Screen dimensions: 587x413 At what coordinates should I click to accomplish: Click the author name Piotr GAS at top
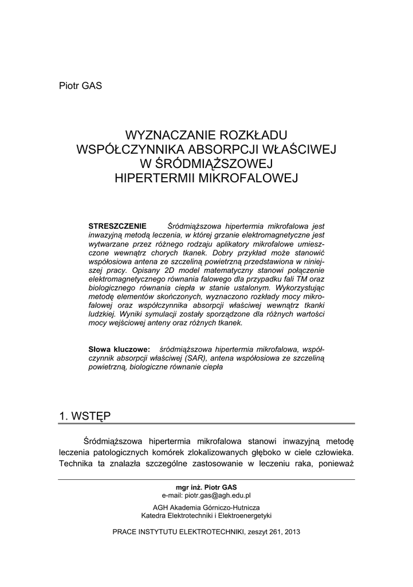80,86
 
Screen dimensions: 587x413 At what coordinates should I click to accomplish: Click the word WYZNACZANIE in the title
170,136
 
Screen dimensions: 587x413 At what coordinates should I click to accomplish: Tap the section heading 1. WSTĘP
85,414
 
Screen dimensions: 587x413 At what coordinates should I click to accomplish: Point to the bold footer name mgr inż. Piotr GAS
206,487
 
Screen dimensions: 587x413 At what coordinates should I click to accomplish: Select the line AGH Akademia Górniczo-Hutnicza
206,508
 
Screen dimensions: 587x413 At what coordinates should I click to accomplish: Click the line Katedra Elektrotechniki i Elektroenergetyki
206,516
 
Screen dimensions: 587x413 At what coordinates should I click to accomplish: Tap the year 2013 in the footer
292,531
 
